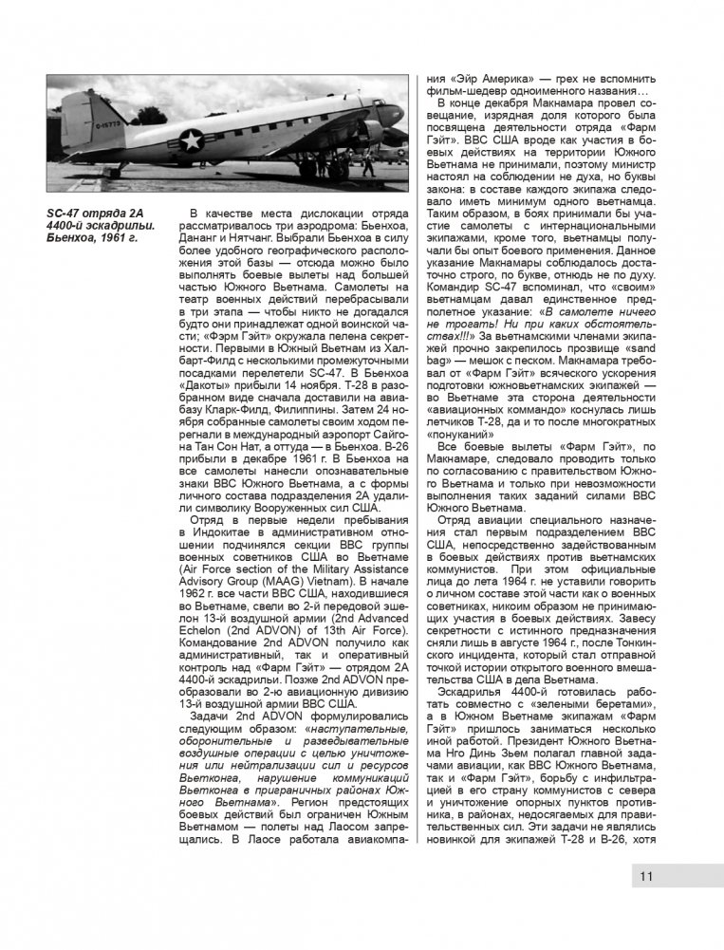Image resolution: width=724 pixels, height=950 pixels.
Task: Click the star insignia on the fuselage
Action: coord(191,140)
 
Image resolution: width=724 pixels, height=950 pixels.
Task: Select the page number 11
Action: coord(646,876)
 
